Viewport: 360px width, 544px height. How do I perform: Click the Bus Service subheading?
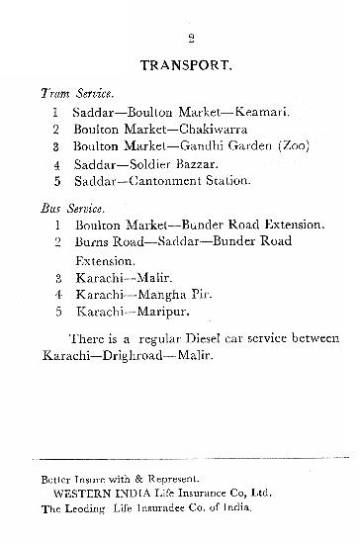pos(72,210)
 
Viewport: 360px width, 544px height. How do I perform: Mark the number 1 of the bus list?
pos(57,227)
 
